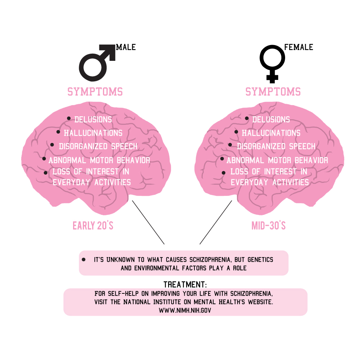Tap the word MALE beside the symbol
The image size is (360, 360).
point(126,47)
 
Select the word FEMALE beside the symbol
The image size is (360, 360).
point(299,47)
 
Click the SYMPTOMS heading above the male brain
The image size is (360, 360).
point(95,92)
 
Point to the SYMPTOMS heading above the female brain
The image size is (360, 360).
point(273,92)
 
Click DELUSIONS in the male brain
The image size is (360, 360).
point(93,120)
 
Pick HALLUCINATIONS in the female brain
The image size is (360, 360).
point(271,133)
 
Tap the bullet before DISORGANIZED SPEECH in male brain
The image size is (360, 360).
point(52,145)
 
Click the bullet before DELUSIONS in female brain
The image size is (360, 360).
point(247,118)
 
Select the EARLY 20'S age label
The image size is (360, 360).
point(93,226)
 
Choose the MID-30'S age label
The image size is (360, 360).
point(269,226)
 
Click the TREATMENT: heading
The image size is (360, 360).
point(185,285)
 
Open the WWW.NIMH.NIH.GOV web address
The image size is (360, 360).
point(185,310)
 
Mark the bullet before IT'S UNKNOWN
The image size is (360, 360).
point(84,260)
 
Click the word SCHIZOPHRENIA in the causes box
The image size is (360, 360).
point(210,260)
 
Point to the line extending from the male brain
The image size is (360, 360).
point(148,222)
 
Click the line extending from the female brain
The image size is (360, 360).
point(216,222)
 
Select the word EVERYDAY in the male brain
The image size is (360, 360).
point(71,183)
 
